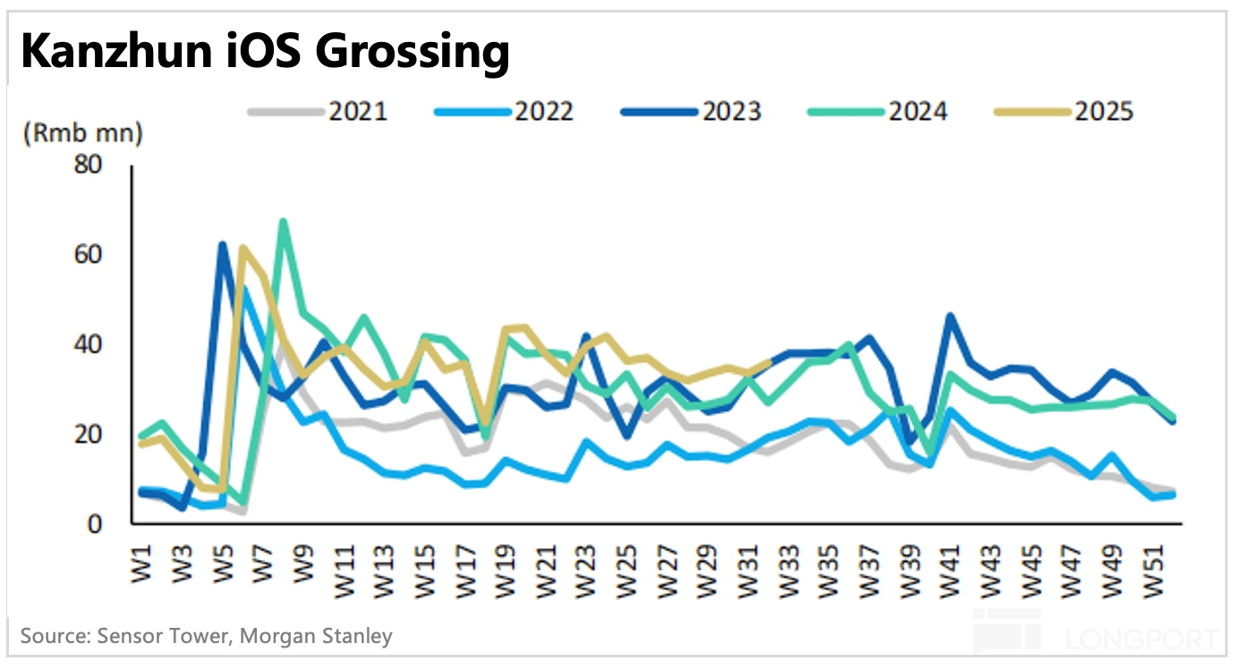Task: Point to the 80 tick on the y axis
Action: pyautogui.click(x=90, y=166)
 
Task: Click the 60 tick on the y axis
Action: pyautogui.click(x=90, y=256)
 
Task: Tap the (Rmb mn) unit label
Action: pyautogui.click(x=81, y=134)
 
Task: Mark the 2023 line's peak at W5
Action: pyautogui.click(x=223, y=244)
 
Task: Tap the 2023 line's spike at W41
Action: pyautogui.click(x=949, y=316)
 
